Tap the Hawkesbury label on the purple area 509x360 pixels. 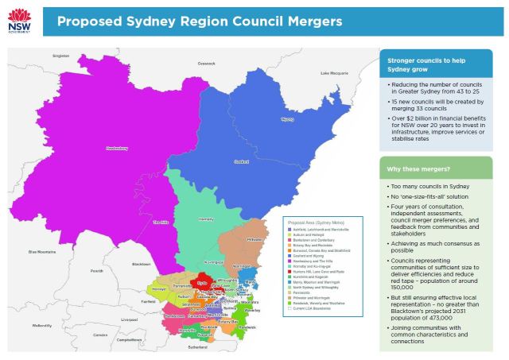117,148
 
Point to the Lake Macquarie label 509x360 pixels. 336,73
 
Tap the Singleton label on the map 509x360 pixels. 61,56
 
